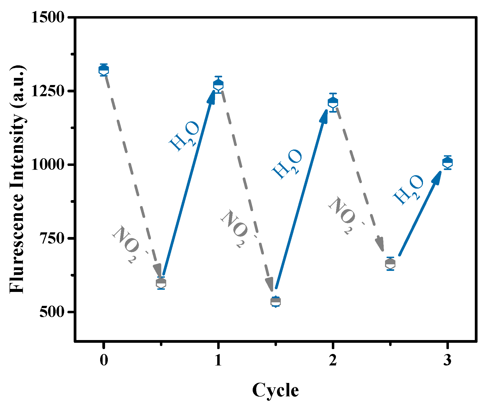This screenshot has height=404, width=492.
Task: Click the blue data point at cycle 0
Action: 104,70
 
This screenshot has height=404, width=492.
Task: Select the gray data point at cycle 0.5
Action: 161,283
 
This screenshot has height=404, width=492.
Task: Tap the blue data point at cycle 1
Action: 218,85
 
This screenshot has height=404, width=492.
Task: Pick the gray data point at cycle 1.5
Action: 276,301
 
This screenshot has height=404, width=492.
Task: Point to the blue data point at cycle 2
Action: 333,103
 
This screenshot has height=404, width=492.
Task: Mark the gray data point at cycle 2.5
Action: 390,264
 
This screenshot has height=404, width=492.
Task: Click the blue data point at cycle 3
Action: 448,162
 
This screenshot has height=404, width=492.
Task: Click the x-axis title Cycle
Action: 275,390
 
